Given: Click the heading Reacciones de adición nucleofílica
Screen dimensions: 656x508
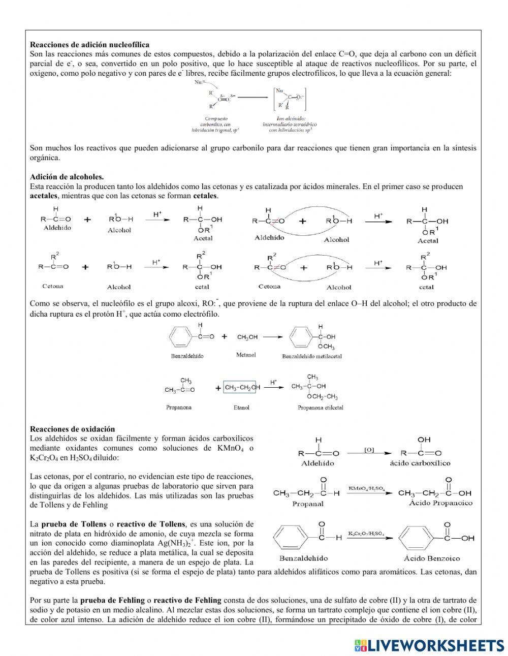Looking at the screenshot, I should [x=89, y=45].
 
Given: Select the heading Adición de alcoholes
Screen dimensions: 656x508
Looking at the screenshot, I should [x=67, y=177].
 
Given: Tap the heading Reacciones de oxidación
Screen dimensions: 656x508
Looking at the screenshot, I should [x=72, y=429].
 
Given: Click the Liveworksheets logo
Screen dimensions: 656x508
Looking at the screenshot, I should [x=429, y=645].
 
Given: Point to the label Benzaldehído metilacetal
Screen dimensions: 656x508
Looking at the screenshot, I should [x=312, y=356].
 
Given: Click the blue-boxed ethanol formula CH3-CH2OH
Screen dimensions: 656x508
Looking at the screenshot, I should [x=242, y=388].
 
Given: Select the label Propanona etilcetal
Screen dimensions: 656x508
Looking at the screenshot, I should [x=321, y=408].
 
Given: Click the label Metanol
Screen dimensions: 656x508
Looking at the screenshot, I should [x=246, y=355].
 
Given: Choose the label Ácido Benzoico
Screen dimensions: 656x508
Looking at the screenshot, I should [x=430, y=558].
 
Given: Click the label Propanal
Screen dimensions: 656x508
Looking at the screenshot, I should [x=308, y=504].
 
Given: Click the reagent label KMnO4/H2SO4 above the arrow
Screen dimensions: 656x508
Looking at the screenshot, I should [x=366, y=488].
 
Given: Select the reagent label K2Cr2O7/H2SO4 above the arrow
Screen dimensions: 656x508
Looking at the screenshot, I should [x=366, y=534].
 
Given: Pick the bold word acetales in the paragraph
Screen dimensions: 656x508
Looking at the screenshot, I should [x=44, y=196].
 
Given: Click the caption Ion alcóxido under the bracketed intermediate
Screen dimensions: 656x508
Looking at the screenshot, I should [x=288, y=118].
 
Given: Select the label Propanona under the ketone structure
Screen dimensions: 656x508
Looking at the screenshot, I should [x=179, y=408].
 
